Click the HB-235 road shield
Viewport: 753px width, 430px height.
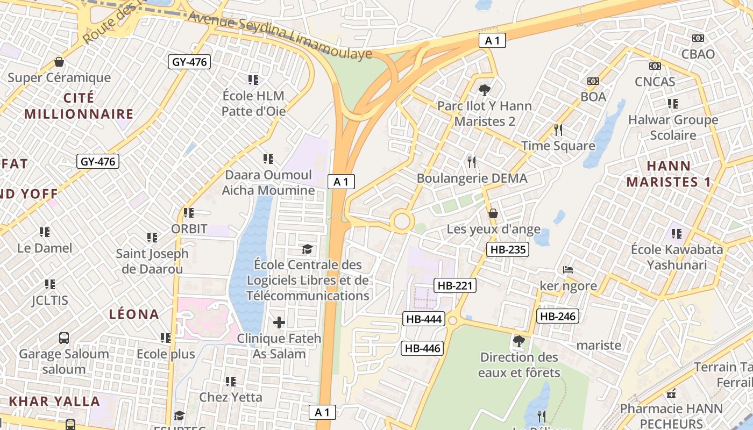[x=507, y=249]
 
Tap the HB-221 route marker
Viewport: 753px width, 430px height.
[x=455, y=286]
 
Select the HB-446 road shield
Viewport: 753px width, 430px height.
[x=423, y=348]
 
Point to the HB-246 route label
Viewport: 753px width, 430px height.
[x=558, y=316]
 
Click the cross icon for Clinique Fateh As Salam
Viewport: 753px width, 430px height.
[x=279, y=322]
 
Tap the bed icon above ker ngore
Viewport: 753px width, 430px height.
[x=568, y=270]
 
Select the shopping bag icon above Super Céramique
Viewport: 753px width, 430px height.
[x=59, y=62]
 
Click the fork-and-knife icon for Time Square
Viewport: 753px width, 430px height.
[x=558, y=130]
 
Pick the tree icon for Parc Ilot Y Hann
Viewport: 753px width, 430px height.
[x=484, y=90]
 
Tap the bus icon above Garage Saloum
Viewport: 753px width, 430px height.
[x=64, y=338]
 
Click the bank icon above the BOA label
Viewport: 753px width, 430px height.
[x=593, y=81]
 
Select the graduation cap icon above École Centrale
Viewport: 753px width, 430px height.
[x=307, y=249]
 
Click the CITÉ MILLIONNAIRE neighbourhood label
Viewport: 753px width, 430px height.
[x=79, y=106]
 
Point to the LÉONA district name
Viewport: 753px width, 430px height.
[x=134, y=314]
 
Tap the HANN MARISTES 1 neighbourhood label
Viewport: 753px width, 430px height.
[x=669, y=174]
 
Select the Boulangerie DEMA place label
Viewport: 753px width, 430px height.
[x=472, y=178]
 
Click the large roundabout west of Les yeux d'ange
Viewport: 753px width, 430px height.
[x=402, y=221]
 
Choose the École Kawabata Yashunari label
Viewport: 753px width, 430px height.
[x=677, y=257]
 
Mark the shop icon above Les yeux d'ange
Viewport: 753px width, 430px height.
[x=493, y=214]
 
